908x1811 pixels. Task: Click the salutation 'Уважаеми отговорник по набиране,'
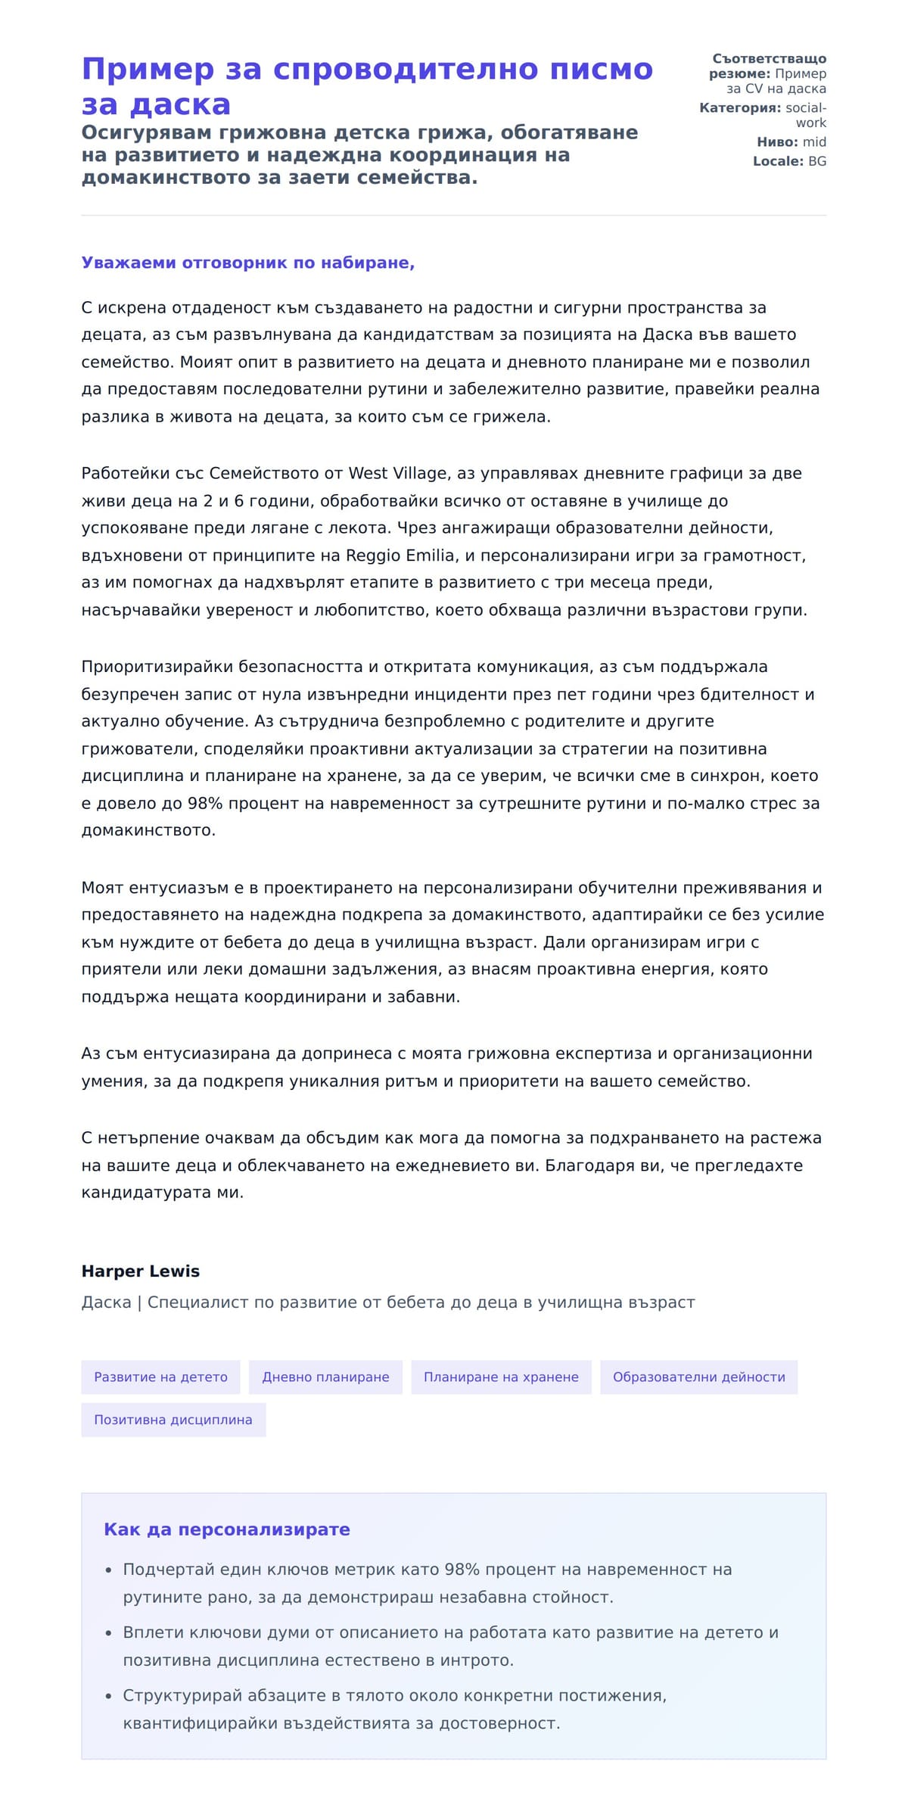[247, 263]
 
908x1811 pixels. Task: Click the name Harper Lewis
[140, 1271]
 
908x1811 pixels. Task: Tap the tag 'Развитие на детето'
[160, 1377]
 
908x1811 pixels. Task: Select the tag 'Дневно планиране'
[325, 1377]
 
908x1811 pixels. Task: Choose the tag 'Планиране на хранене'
[501, 1377]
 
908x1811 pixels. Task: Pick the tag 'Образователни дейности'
[698, 1377]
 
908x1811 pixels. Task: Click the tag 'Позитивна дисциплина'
[173, 1420]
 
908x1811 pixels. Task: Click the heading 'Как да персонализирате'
[226, 1529]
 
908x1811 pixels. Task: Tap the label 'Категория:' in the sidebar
[739, 108]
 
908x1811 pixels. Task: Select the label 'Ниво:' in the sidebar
[777, 142]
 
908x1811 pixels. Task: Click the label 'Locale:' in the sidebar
[778, 161]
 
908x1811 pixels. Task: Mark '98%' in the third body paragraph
[204, 804]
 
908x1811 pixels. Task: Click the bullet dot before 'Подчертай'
[109, 1571]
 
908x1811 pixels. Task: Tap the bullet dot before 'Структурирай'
[109, 1697]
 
